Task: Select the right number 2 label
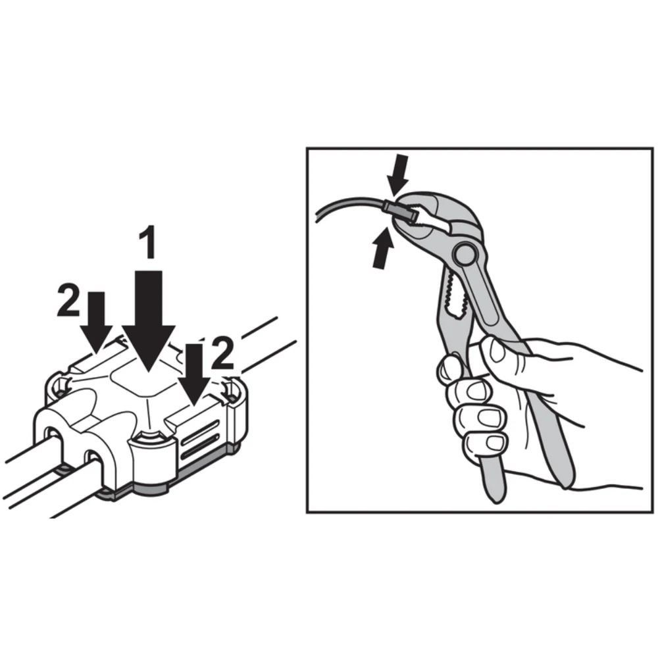tap(222, 354)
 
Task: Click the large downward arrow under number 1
tap(149, 321)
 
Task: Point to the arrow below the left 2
tap(97, 322)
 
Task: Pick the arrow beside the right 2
tap(194, 374)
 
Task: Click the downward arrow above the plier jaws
tap(397, 175)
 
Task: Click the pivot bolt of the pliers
tap(464, 253)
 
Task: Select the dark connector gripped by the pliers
tap(401, 211)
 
